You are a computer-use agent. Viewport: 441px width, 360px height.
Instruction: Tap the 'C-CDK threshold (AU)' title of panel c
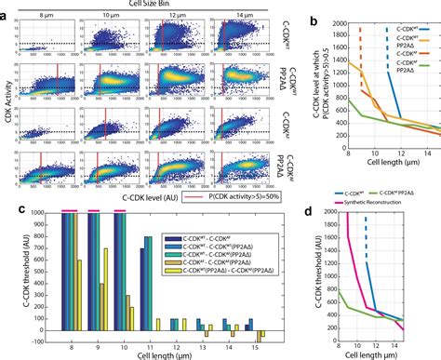pyautogui.click(x=9, y=264)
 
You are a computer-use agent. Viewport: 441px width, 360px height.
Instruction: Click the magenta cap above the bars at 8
pyautogui.click(x=69, y=187)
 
